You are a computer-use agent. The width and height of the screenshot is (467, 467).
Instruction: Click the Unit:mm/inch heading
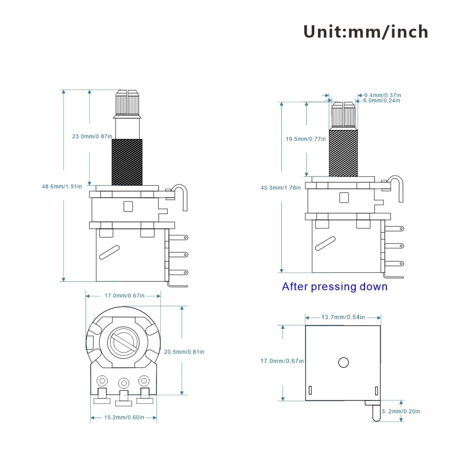click(x=366, y=32)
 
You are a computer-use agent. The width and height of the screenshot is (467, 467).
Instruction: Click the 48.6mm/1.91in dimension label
click(x=62, y=187)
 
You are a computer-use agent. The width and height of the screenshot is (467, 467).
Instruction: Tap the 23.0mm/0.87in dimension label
click(x=92, y=136)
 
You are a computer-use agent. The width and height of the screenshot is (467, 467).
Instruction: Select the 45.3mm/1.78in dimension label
click(x=280, y=188)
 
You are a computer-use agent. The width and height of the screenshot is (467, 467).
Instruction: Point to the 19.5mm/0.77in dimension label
click(x=306, y=139)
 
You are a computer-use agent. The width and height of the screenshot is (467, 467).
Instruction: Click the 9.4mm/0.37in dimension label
click(x=382, y=95)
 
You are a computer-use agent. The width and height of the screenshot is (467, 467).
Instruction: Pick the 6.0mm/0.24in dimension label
click(x=381, y=101)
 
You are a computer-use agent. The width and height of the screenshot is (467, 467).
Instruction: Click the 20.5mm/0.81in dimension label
click(x=184, y=352)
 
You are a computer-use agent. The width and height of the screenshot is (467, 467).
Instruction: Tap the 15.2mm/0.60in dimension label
click(x=124, y=417)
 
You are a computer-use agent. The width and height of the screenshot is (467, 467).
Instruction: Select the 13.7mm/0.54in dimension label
click(x=343, y=317)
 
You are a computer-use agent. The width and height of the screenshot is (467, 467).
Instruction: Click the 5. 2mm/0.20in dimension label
click(x=401, y=411)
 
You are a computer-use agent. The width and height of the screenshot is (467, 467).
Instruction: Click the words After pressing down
click(x=334, y=287)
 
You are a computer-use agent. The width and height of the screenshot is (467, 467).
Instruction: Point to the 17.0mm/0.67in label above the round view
click(x=124, y=296)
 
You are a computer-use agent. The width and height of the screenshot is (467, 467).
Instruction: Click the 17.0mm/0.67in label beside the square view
click(x=282, y=361)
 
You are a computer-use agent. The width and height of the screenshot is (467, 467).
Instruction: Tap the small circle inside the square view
click(x=343, y=363)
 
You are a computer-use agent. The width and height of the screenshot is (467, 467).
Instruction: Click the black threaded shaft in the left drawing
click(x=127, y=162)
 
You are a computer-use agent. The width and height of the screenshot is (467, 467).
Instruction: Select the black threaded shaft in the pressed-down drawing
click(x=343, y=153)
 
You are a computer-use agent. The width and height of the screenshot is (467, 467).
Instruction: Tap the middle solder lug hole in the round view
click(x=124, y=383)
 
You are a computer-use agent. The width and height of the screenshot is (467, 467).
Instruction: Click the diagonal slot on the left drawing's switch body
click(x=109, y=252)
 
